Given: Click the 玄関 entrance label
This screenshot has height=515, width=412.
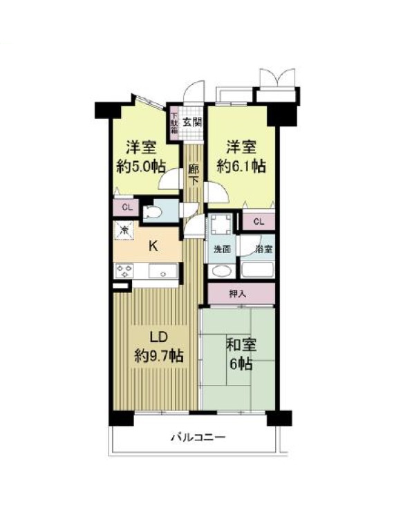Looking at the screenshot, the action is click(192, 122).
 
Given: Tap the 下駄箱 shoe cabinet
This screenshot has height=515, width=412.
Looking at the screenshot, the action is click(174, 122).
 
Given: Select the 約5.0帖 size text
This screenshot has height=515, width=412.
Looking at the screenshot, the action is click(140, 167).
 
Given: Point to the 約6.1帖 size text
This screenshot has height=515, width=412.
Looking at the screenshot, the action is click(241, 167).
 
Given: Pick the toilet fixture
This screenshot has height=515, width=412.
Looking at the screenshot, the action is click(153, 212).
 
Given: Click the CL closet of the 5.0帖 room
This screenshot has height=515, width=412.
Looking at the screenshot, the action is click(127, 207).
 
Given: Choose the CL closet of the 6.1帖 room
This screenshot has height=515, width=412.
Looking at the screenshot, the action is click(259, 221).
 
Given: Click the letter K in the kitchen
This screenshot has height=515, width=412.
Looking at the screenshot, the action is click(153, 245).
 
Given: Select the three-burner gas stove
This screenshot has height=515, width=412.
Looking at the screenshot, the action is click(124, 271).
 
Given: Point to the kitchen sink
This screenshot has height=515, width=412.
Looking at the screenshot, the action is click(162, 272).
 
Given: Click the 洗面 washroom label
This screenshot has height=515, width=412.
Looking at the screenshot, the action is click(222, 250).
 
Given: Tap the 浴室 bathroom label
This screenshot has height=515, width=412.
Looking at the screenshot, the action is click(264, 250).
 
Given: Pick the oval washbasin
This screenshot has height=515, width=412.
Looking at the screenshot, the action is click(221, 271).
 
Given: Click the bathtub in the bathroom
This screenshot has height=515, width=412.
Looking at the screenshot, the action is click(258, 270).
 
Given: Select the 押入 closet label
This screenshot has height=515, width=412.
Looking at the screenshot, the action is click(238, 294).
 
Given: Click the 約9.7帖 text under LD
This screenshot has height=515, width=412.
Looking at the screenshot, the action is click(159, 356).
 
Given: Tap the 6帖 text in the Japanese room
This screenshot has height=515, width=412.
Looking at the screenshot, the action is click(241, 364).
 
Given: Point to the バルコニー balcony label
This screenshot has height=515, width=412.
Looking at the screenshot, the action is click(198, 438).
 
